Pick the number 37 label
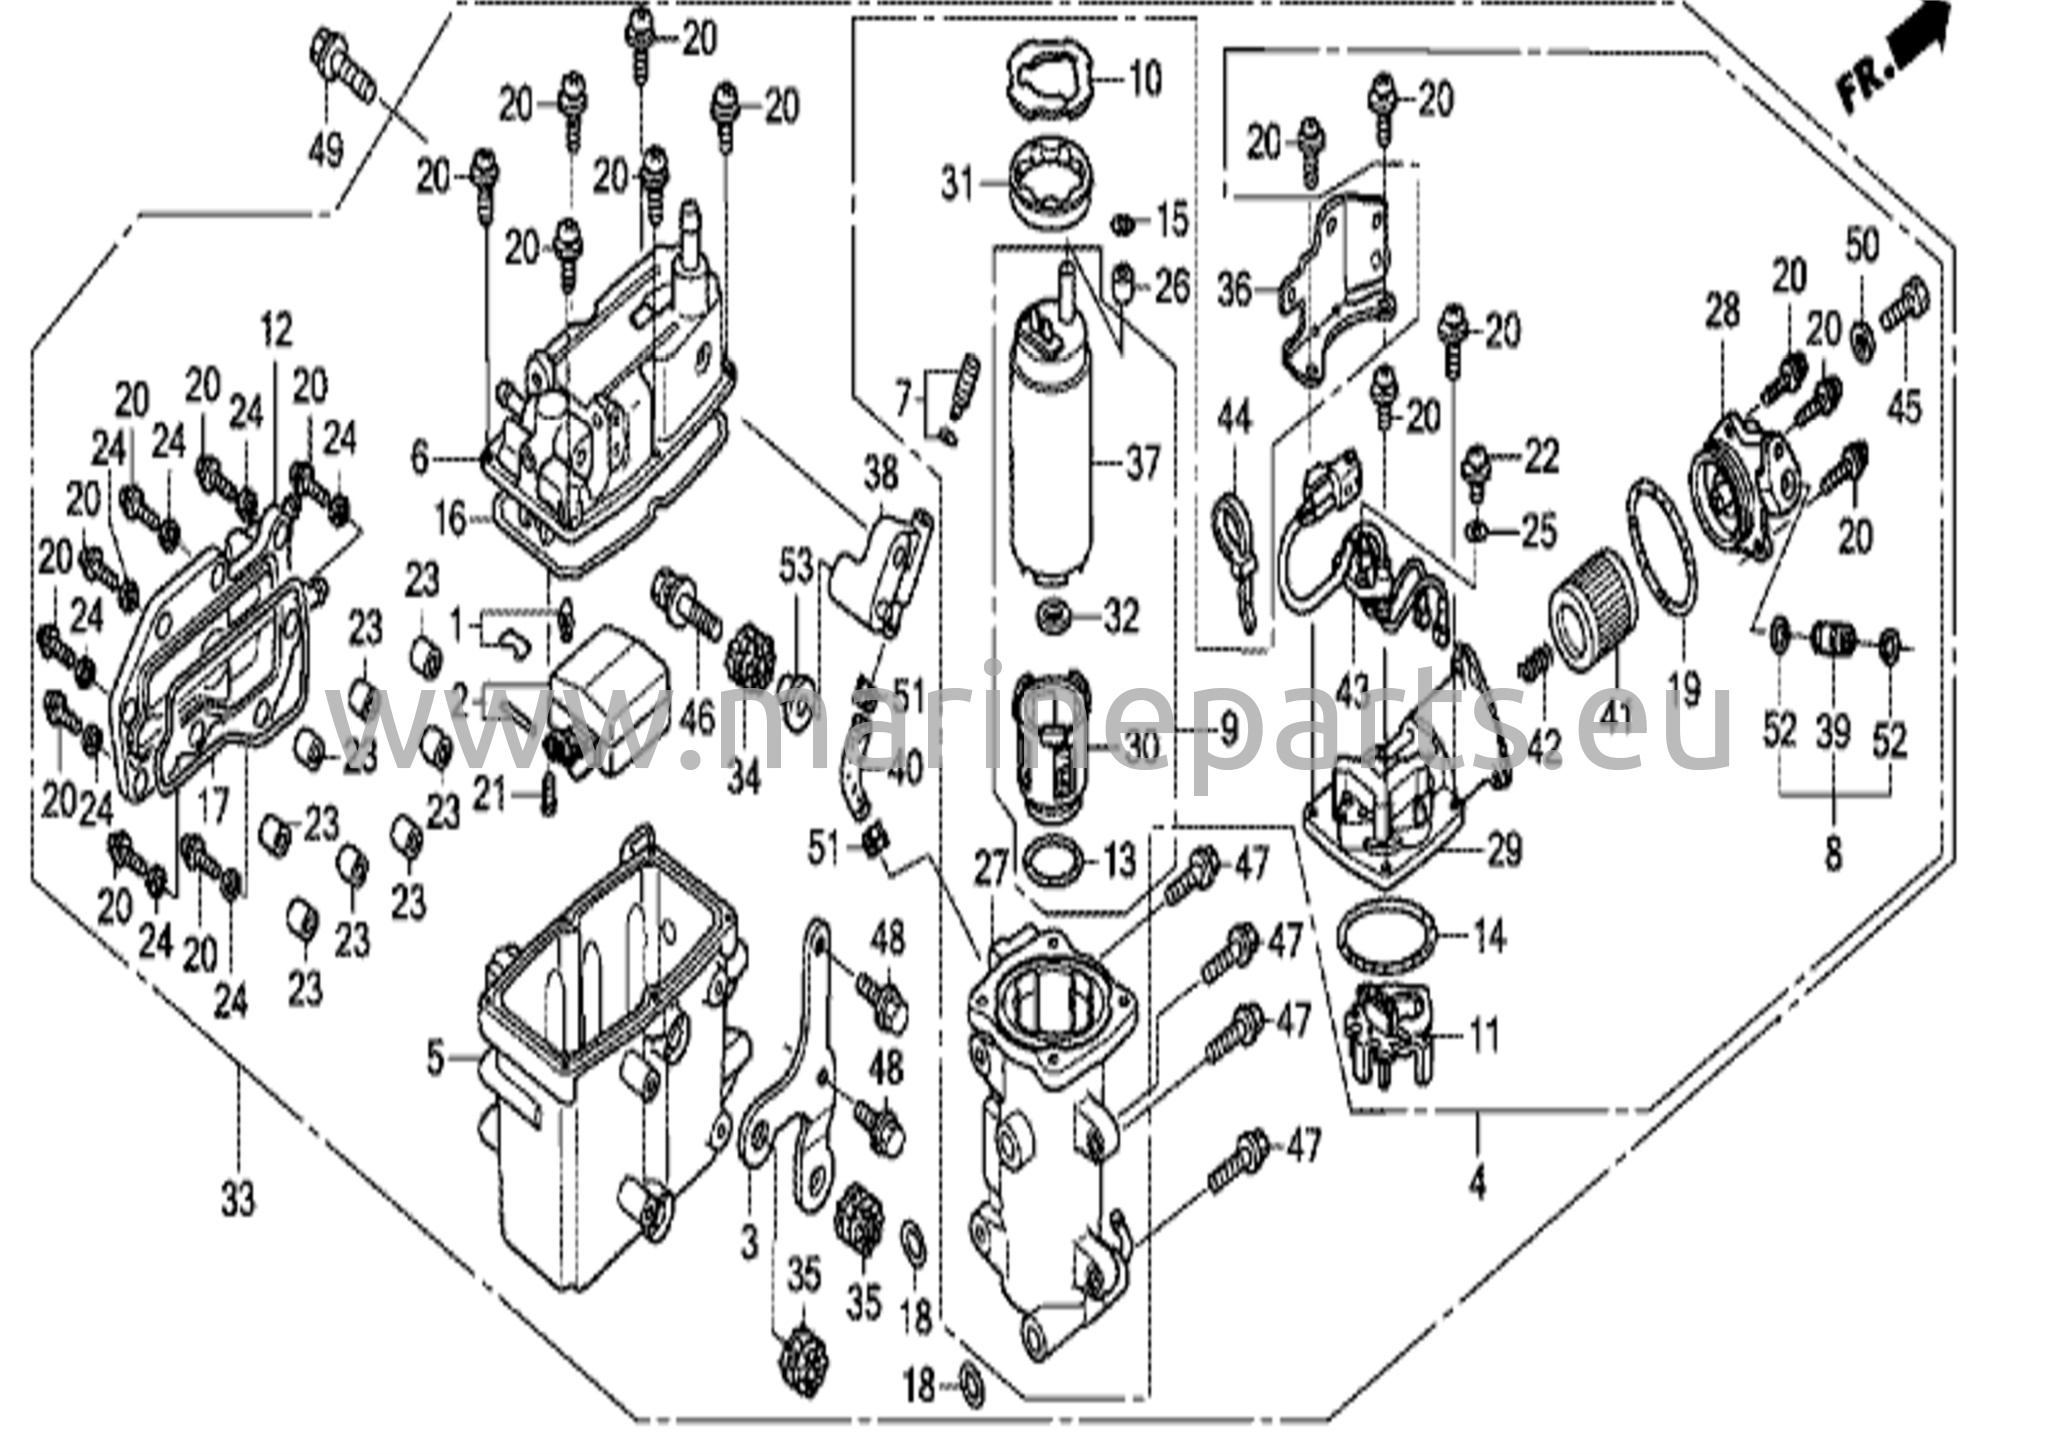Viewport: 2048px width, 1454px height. coord(1142,463)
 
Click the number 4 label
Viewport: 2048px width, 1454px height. coord(1477,1184)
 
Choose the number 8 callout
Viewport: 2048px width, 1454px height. coord(1833,855)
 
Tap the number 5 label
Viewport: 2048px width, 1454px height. coord(434,1058)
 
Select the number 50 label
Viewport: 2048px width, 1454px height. coord(1861,246)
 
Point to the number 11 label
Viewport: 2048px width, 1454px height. coord(1486,1034)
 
